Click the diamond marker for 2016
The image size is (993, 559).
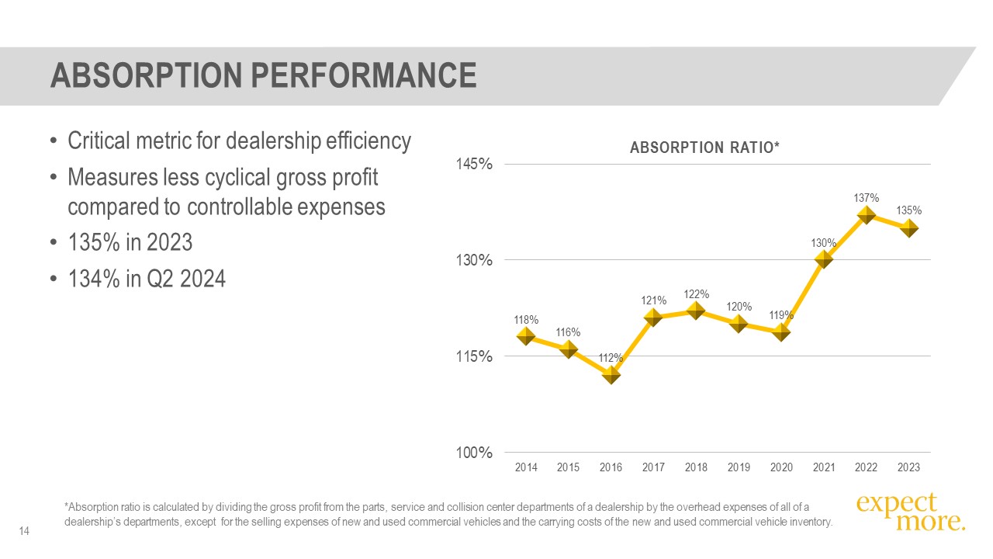(x=611, y=374)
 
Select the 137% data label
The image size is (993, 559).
(x=867, y=197)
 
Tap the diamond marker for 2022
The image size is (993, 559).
(x=867, y=215)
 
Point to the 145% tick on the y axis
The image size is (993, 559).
(x=476, y=165)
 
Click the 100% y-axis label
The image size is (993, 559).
(x=476, y=453)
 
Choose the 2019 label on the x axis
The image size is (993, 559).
(x=739, y=467)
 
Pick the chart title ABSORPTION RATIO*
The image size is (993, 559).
(x=704, y=148)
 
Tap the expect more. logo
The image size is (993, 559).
(x=910, y=512)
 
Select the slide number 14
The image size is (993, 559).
(x=24, y=531)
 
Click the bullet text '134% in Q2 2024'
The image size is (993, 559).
(x=147, y=278)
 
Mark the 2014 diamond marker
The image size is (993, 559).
(x=526, y=336)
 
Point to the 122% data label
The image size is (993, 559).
(x=697, y=294)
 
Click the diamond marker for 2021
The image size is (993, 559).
(x=824, y=259)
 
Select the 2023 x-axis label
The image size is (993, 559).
(x=908, y=467)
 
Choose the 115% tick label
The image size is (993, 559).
(x=476, y=356)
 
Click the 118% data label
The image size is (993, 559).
(x=526, y=319)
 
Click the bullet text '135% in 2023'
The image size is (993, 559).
(x=130, y=243)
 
